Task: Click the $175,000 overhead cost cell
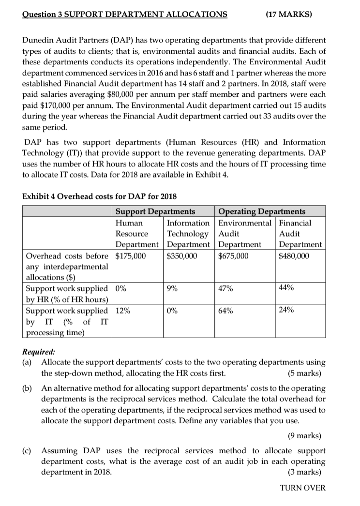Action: (x=130, y=256)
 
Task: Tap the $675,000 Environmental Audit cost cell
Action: (x=234, y=256)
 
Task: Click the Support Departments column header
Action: (x=155, y=211)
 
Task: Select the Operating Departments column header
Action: (x=262, y=211)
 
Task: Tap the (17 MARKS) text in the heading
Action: (x=289, y=14)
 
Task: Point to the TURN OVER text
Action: (x=303, y=488)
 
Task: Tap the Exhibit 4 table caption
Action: (x=100, y=196)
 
